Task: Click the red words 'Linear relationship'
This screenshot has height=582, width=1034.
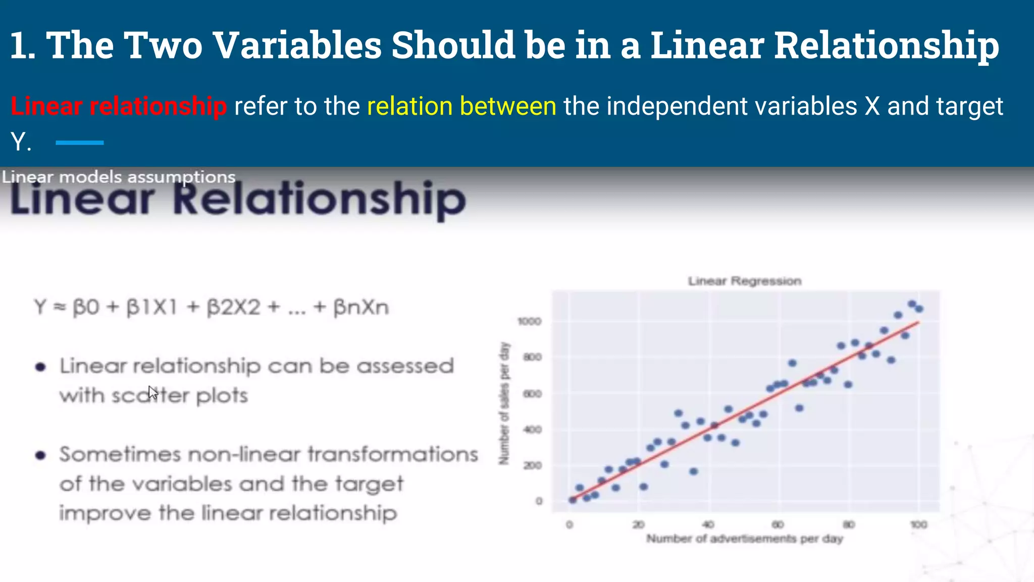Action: (x=119, y=106)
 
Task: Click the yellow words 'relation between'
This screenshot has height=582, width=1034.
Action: (x=461, y=106)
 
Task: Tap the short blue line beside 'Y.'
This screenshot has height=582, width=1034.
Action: (x=79, y=143)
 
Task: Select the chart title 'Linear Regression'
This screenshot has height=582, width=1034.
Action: (x=745, y=281)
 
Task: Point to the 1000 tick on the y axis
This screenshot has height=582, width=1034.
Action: (x=529, y=321)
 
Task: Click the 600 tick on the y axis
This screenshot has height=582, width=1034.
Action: (x=532, y=394)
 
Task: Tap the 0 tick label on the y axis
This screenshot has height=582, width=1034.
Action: (x=539, y=501)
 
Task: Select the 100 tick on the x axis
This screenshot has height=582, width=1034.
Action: (x=918, y=524)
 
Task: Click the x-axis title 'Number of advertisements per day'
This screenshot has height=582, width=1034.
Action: (x=745, y=539)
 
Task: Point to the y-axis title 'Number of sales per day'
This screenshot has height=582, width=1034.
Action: (x=504, y=403)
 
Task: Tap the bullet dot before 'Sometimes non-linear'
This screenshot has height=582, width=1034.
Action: (x=40, y=455)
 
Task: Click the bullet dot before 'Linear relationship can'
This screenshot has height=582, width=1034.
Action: (x=40, y=367)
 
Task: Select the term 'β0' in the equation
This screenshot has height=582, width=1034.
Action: (x=86, y=307)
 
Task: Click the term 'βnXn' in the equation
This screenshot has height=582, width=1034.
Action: (x=361, y=307)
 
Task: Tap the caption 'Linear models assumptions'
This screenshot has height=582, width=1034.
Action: (x=119, y=177)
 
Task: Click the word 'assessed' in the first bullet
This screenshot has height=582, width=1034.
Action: (x=405, y=366)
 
